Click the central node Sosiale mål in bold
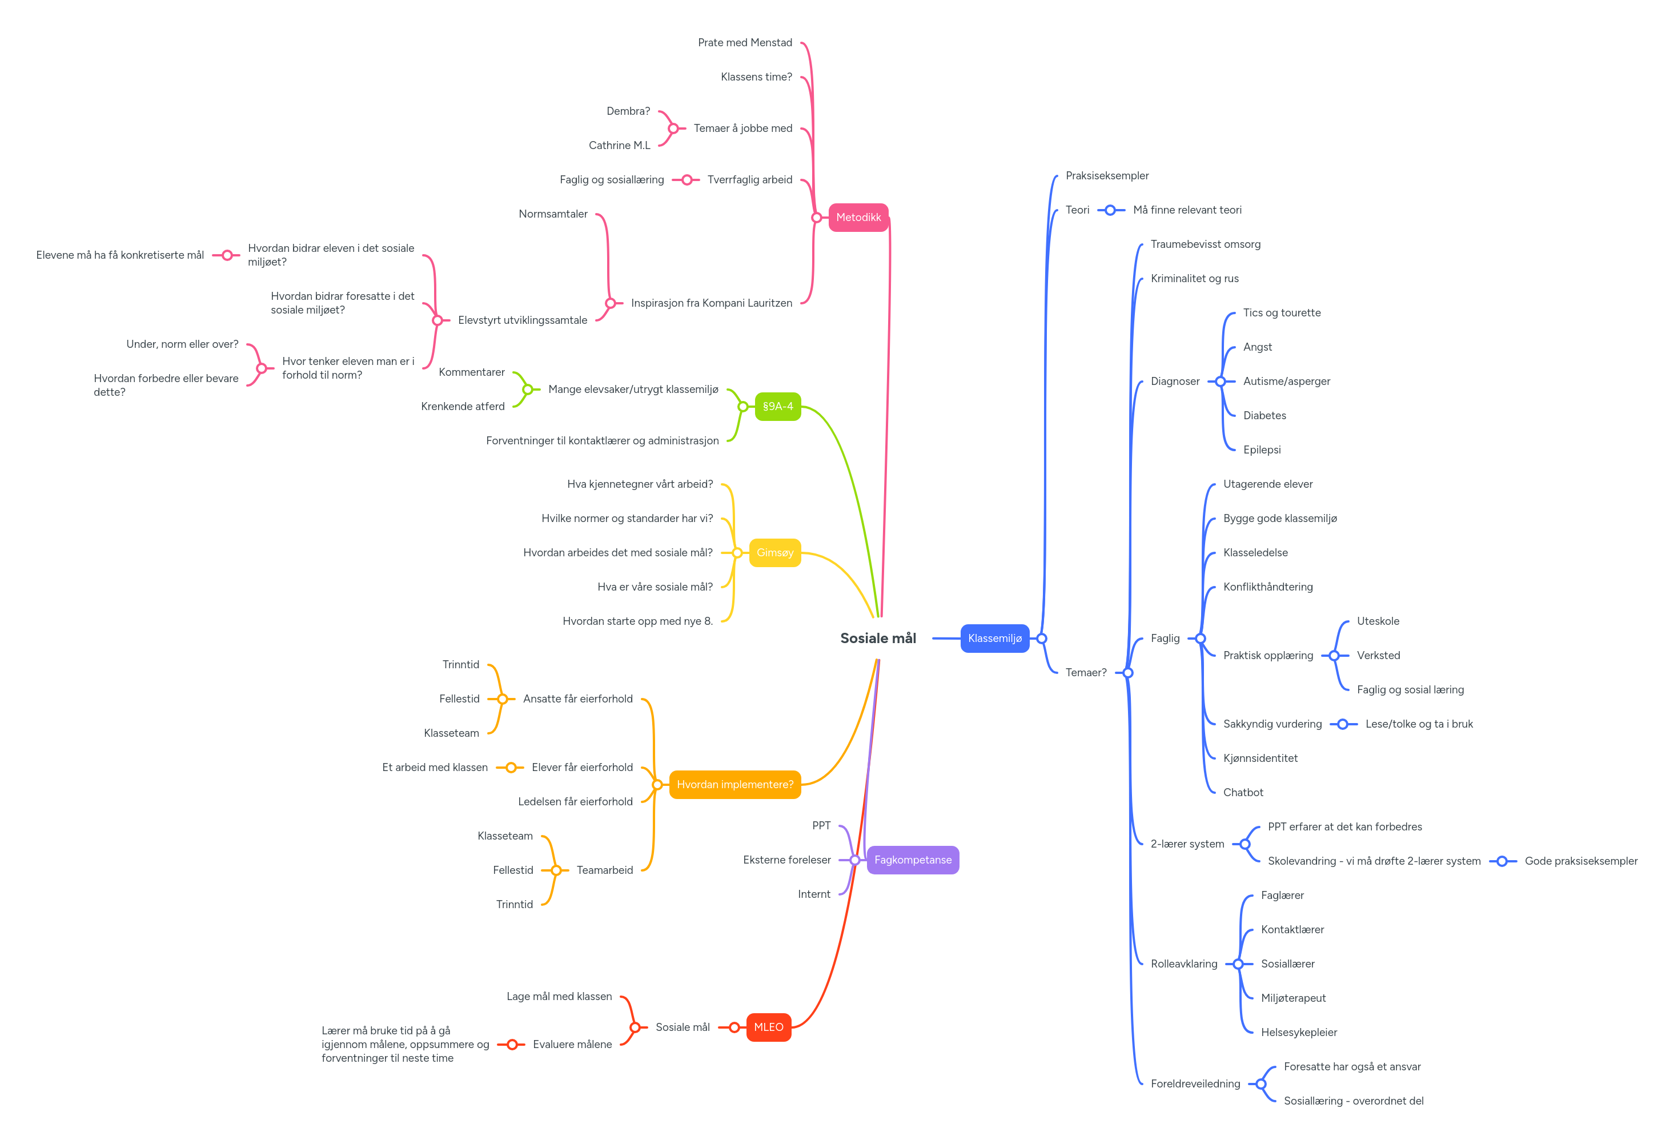click(877, 639)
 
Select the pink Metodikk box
click(858, 218)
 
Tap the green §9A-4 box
click(777, 406)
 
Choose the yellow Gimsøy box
click(774, 552)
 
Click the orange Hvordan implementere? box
click(734, 785)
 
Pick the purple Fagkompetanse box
click(912, 860)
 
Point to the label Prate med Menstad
click(744, 42)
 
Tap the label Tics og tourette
click(1282, 312)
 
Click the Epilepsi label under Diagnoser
click(1261, 449)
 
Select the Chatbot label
click(1243, 792)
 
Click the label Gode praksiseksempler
click(1580, 861)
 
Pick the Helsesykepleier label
click(1299, 1032)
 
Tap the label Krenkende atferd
click(463, 406)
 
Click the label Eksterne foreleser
click(786, 860)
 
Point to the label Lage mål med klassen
click(559, 996)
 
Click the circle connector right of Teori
click(1110, 210)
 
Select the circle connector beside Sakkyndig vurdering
click(1342, 724)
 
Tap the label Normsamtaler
click(552, 214)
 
